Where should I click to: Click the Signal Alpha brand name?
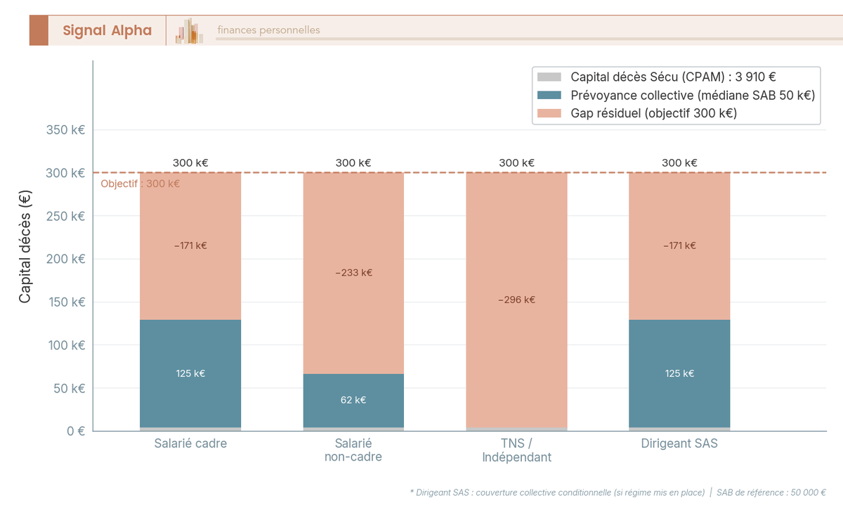point(107,30)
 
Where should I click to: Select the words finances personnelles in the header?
point(268,30)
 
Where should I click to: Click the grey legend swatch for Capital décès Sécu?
point(549,77)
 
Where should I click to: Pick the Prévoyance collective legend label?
point(692,96)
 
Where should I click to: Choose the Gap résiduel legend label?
point(653,113)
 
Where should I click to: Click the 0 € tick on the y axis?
point(75,431)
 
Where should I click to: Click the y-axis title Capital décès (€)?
point(25,247)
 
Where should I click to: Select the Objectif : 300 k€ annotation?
point(140,184)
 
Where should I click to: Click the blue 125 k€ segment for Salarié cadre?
point(190,373)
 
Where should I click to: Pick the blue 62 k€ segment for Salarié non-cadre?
point(353,400)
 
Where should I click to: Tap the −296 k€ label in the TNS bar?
point(516,300)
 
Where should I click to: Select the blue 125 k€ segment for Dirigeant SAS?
point(679,373)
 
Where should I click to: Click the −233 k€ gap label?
point(353,273)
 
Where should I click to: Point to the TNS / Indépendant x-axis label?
point(516,450)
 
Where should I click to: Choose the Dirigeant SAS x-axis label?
point(679,444)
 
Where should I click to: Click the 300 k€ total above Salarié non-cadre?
point(353,162)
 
